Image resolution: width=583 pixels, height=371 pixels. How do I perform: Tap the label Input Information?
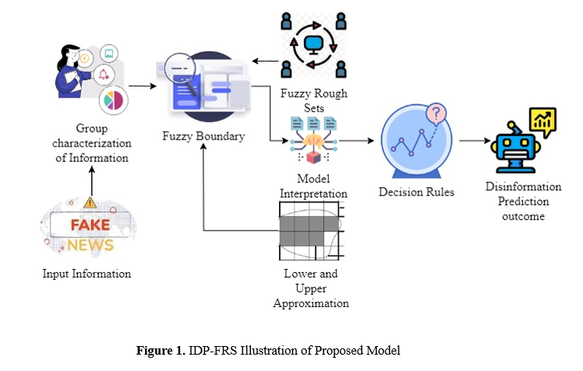tap(87, 274)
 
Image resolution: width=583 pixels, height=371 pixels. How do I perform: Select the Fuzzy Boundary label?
tap(203, 136)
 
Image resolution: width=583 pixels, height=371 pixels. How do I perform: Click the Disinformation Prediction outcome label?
tap(523, 201)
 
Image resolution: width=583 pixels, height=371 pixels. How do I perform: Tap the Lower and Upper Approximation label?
tap(311, 288)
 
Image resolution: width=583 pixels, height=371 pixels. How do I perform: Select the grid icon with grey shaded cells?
tap(311, 228)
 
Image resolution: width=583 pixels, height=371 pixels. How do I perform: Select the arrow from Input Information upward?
tap(91, 181)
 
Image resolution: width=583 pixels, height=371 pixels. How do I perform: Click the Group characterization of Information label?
tap(91, 143)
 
